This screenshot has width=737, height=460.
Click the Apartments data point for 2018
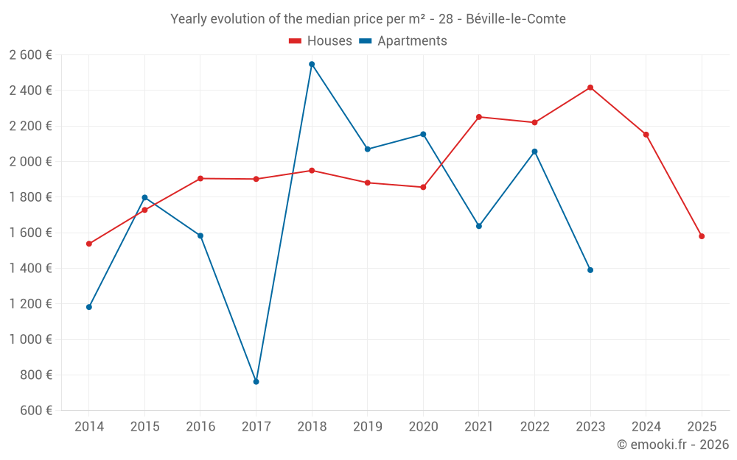tap(312, 64)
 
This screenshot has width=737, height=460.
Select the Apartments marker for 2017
tap(256, 381)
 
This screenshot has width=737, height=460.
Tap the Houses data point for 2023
tap(590, 88)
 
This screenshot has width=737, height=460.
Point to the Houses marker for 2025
tap(702, 236)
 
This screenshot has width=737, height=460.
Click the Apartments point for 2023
tap(590, 270)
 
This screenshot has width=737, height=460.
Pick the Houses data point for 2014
tap(89, 244)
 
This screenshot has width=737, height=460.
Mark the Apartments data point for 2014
tap(89, 307)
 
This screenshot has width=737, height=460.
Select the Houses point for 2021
tap(479, 117)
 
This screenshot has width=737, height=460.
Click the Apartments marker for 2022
tap(534, 152)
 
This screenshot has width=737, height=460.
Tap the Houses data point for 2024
tap(646, 135)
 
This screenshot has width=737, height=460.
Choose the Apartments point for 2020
tap(423, 134)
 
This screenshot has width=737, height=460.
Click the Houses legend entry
tap(321, 41)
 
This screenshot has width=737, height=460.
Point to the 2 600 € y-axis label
tap(31, 55)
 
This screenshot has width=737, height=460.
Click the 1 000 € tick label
tap(31, 339)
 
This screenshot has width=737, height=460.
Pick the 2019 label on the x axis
tap(367, 427)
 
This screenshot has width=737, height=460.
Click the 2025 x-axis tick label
tap(702, 427)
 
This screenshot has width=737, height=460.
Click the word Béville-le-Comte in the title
tap(516, 19)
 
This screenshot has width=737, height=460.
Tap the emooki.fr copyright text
tap(673, 445)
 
